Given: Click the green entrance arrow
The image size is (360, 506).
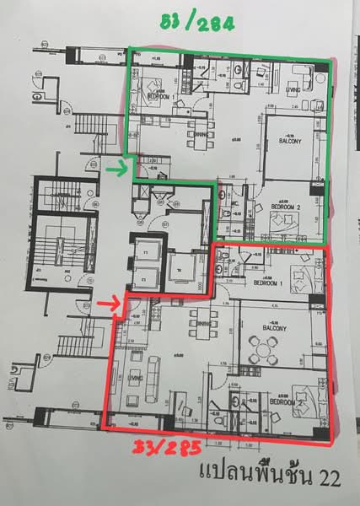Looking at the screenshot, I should (119, 171).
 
